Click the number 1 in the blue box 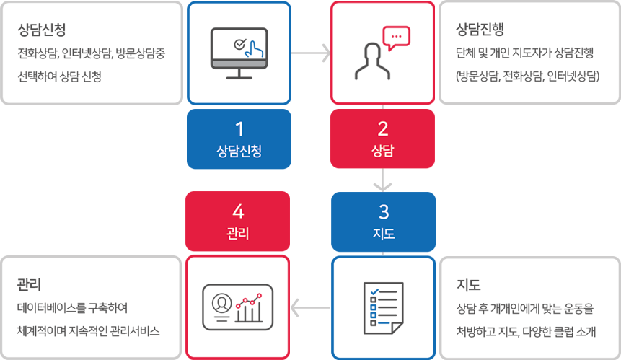coord(239,129)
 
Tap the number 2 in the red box coord(383,129)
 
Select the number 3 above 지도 coord(383,212)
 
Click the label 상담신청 coord(239,151)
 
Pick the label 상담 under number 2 coord(383,151)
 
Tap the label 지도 coord(383,234)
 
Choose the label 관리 coord(239,234)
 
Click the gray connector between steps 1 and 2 coord(311,53)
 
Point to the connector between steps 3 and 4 coord(311,307)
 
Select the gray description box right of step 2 coord(529,53)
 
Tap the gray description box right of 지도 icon coord(529,307)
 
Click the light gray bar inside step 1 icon coord(239,63)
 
